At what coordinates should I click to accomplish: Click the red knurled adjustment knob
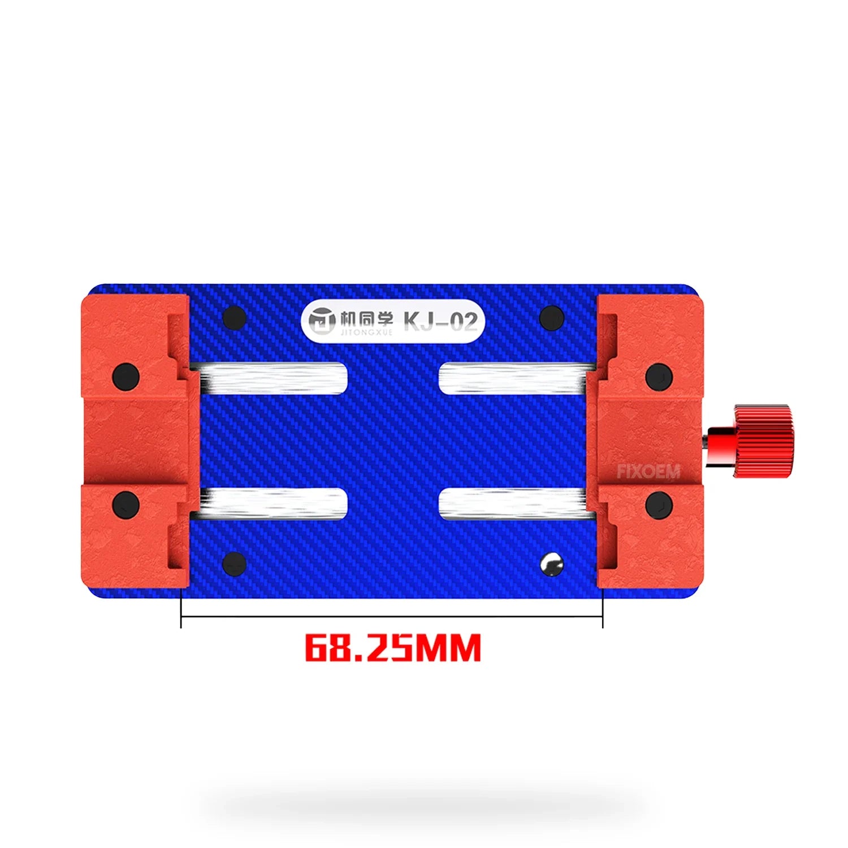tap(763, 441)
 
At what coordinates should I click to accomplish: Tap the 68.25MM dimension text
tap(393, 648)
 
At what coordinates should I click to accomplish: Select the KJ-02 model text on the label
tap(440, 322)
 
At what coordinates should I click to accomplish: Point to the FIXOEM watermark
tap(648, 471)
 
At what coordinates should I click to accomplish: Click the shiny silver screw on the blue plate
tap(551, 564)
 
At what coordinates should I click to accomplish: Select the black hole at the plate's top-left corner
tap(235, 318)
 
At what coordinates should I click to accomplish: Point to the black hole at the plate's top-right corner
tap(552, 318)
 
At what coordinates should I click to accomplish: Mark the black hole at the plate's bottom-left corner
tap(234, 564)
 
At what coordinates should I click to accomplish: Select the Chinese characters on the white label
tap(366, 319)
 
